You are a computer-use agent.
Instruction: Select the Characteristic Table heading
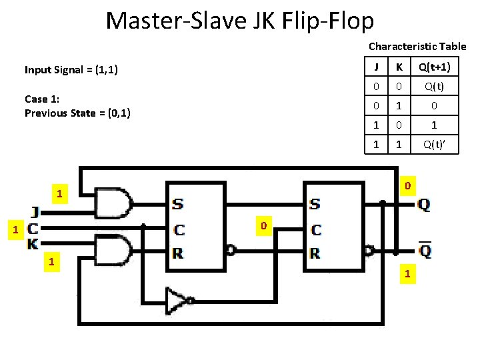click(417, 47)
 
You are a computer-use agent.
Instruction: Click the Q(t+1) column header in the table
click(434, 67)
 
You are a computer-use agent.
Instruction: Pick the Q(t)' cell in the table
click(434, 143)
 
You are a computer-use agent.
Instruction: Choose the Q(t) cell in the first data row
click(434, 87)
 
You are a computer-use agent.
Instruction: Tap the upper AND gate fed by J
click(114, 203)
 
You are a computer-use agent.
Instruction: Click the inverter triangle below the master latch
click(179, 300)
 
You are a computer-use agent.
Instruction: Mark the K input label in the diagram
click(33, 244)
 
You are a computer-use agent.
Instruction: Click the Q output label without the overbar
click(424, 205)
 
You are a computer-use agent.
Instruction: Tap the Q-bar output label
click(424, 251)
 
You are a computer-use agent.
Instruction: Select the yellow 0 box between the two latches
click(263, 227)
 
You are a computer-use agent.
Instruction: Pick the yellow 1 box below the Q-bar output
click(408, 274)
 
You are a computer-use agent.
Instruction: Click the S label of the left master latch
click(179, 204)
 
